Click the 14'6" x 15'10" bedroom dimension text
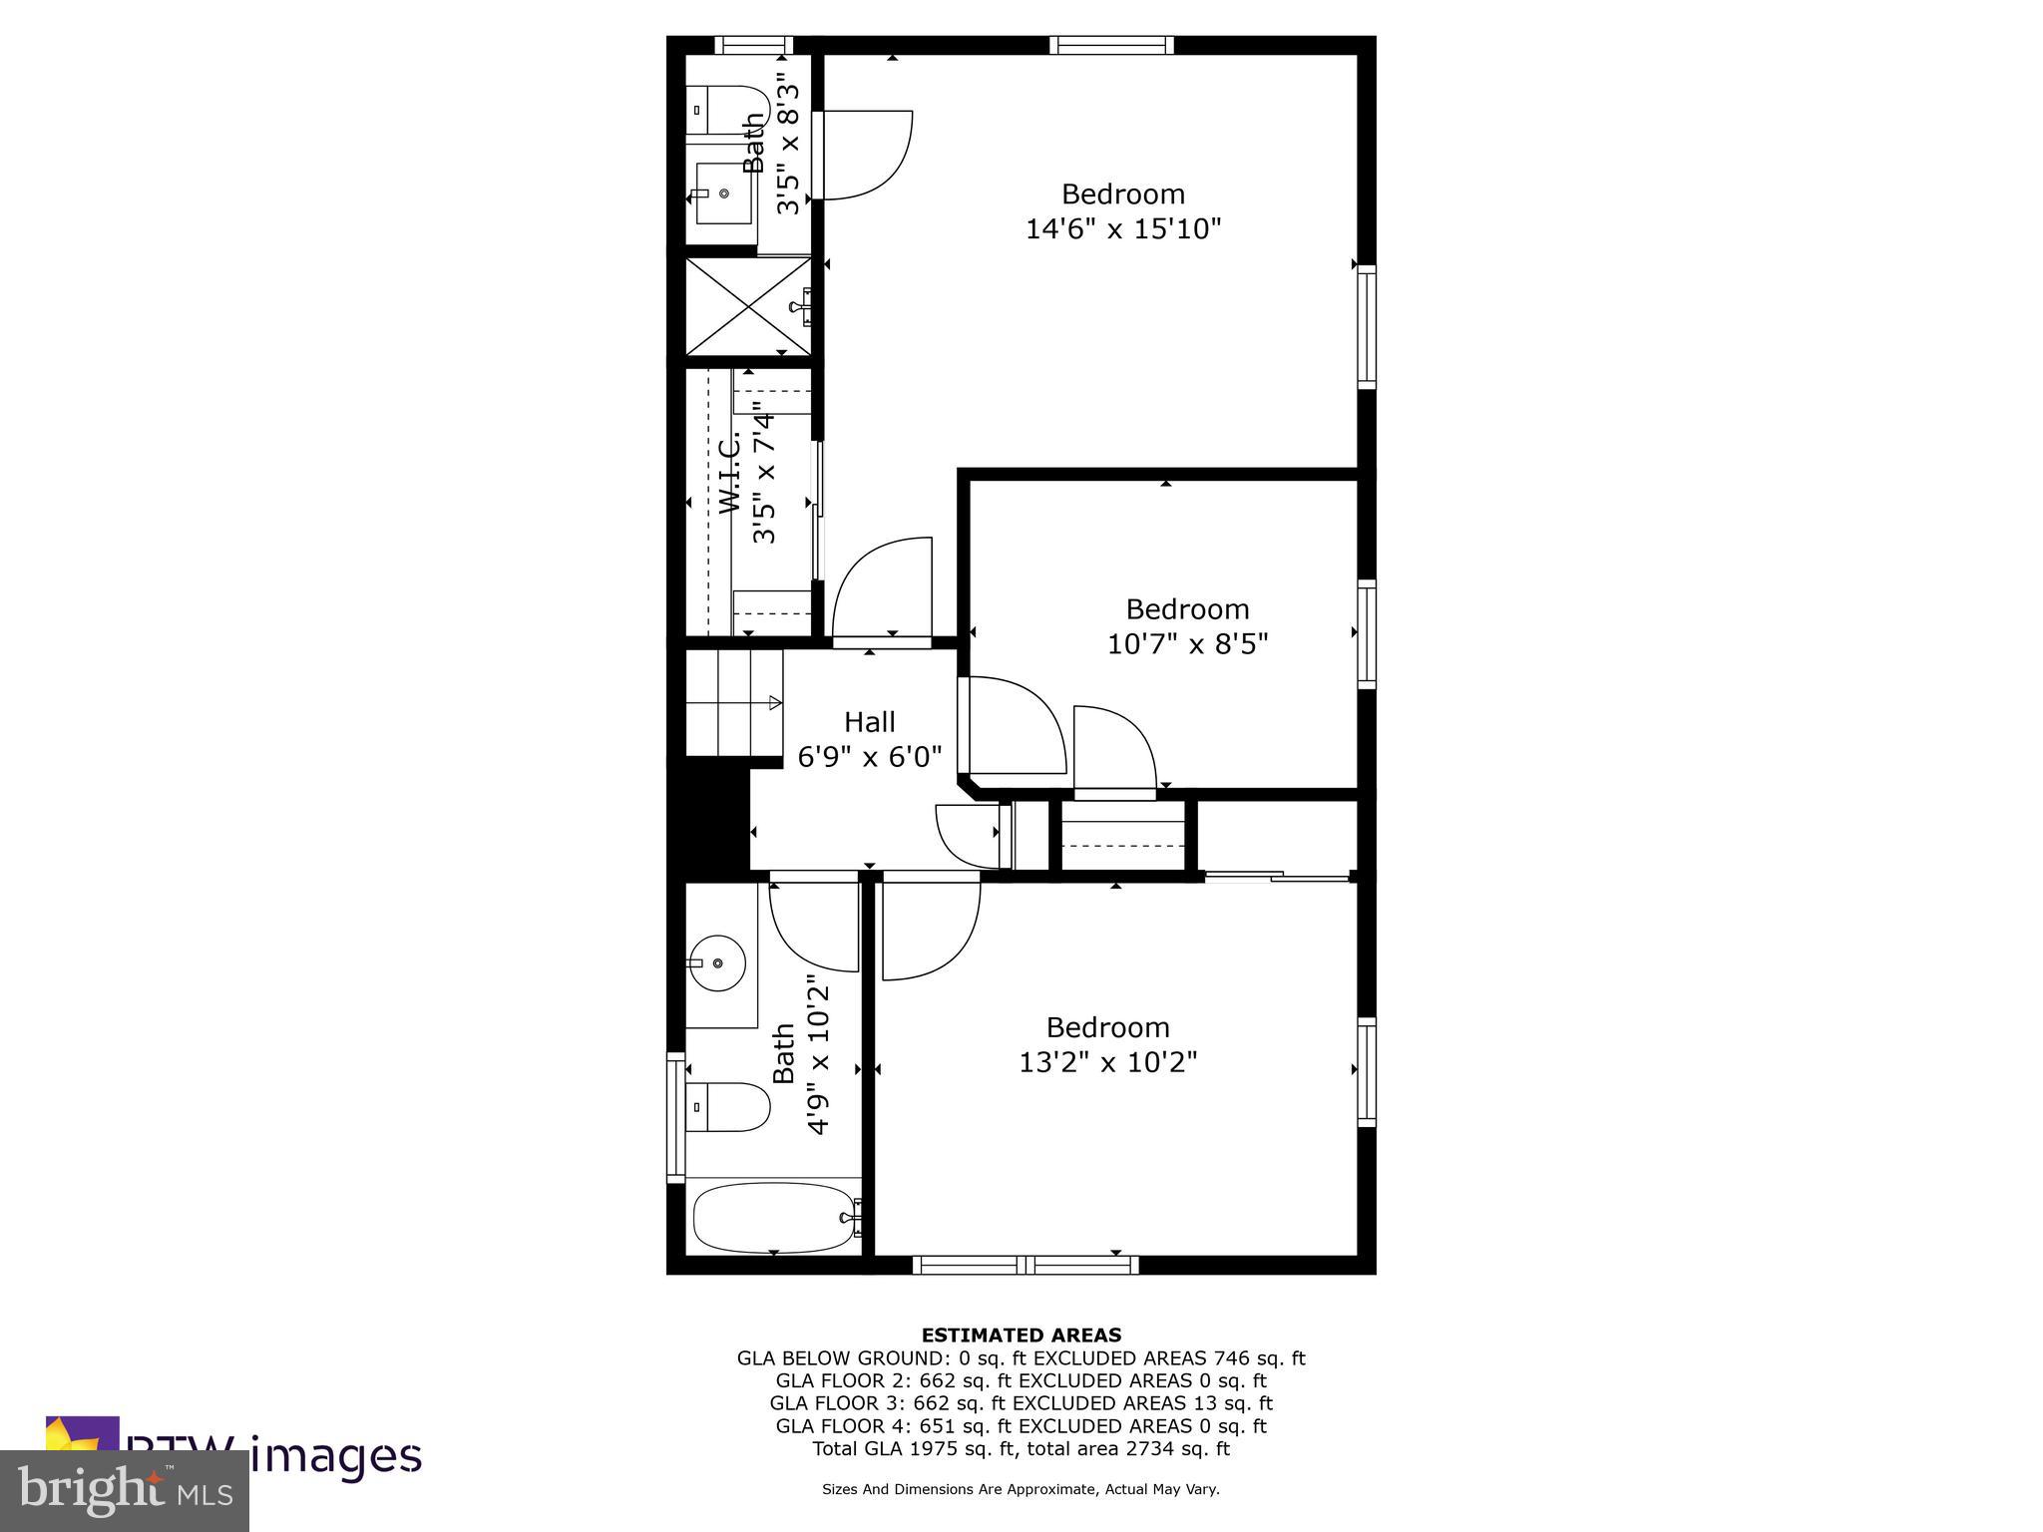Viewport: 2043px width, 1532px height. (x=1123, y=229)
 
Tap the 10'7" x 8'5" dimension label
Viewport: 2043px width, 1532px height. (x=1187, y=644)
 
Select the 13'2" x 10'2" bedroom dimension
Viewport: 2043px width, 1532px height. (x=1107, y=1062)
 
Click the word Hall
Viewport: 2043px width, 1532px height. (x=869, y=721)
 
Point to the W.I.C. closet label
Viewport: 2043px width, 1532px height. (x=730, y=473)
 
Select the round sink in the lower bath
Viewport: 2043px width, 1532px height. (x=718, y=963)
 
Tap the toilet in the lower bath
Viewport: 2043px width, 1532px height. (x=730, y=1107)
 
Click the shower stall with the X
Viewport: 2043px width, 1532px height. (x=748, y=304)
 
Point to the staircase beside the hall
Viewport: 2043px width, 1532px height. (x=733, y=703)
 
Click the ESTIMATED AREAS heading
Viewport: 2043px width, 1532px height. (x=1021, y=1335)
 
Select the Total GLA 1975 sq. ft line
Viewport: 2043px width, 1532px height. (x=1021, y=1449)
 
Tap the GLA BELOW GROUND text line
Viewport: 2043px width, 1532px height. (x=1021, y=1357)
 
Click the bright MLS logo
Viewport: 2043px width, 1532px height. (x=125, y=1490)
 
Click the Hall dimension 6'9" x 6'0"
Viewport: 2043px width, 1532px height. (x=869, y=757)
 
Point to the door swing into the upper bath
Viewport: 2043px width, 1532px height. (x=863, y=155)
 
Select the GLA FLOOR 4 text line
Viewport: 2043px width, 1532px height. (x=1021, y=1426)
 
